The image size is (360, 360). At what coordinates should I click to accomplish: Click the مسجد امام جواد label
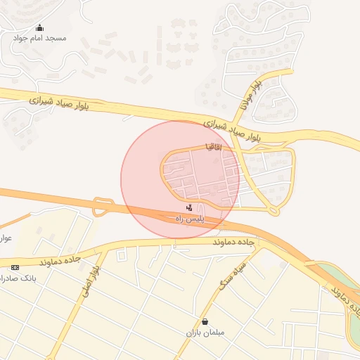pyautogui.click(x=39, y=37)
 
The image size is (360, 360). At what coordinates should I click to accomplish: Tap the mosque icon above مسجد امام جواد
pyautogui.click(x=39, y=28)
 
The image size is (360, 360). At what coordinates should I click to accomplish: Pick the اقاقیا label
pyautogui.click(x=213, y=147)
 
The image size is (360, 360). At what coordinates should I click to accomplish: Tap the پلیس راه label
pyautogui.click(x=189, y=219)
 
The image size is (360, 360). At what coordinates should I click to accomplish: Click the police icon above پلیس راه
pyautogui.click(x=189, y=208)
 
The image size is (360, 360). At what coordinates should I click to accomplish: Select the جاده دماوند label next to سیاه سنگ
pyautogui.click(x=236, y=242)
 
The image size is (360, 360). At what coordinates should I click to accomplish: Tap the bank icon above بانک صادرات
pyautogui.click(x=15, y=268)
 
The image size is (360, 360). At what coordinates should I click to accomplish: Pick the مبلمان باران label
pyautogui.click(x=204, y=332)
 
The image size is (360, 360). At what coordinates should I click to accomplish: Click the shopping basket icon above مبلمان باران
pyautogui.click(x=204, y=321)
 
